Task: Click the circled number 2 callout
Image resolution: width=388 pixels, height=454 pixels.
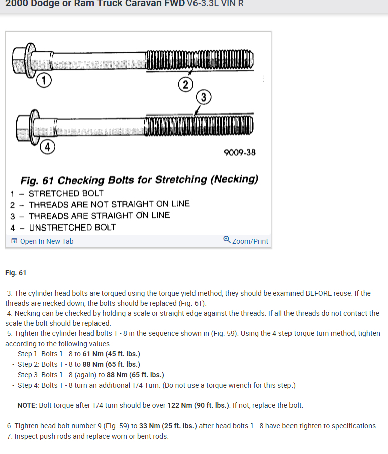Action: coord(185,85)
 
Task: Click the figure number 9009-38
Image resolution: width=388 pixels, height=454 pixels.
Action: coord(240,152)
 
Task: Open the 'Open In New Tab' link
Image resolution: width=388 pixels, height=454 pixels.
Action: coord(46,241)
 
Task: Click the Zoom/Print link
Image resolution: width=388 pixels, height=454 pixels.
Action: coord(250,241)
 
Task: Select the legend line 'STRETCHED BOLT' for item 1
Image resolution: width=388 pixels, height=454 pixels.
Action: coord(66,193)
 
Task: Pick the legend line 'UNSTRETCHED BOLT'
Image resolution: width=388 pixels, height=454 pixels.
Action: coord(72,227)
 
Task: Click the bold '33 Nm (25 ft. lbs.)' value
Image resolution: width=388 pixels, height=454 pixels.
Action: coord(168,426)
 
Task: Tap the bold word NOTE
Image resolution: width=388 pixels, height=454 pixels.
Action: coord(27,405)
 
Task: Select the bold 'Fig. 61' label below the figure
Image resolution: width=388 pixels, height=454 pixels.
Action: coord(16,273)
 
